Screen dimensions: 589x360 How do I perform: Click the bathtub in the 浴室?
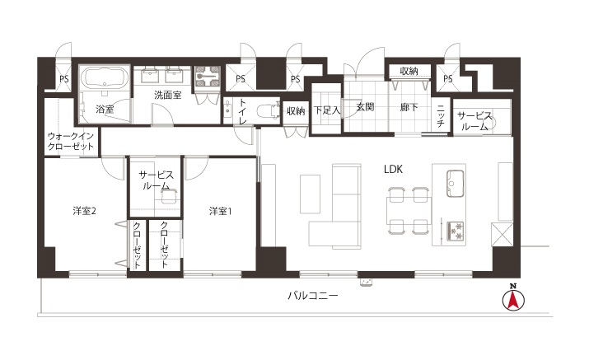pos(105,77)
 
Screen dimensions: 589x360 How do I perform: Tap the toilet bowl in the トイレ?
pos(268,111)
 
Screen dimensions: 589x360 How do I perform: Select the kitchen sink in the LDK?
pos(456,183)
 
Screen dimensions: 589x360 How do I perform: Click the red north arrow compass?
pos(513,299)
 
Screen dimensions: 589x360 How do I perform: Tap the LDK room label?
pos(393,170)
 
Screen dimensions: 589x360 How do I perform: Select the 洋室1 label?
pos(221,211)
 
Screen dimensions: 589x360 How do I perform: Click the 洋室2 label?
pos(84,211)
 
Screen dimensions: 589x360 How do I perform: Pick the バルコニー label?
pos(313,296)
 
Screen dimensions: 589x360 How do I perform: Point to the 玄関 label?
pos(365,107)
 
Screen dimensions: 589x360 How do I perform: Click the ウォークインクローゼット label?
pos(71,141)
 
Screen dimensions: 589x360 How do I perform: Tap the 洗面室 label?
pos(167,95)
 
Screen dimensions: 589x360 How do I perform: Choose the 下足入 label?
pos(327,110)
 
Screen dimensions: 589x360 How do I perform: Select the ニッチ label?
pos(441,115)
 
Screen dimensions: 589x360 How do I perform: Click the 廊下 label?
pos(409,107)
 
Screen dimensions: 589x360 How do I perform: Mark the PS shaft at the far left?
pos(64,79)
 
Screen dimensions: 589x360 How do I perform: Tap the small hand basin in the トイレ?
pos(227,110)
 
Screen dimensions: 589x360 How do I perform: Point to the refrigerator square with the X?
pos(502,234)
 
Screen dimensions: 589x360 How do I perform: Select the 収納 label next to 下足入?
pos(295,111)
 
